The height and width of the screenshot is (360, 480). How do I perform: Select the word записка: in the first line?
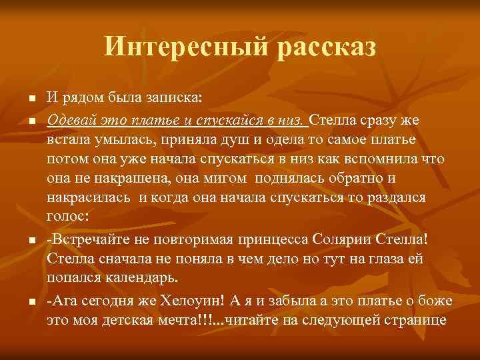(x=176, y=99)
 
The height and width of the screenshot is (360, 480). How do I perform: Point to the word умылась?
(x=117, y=140)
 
